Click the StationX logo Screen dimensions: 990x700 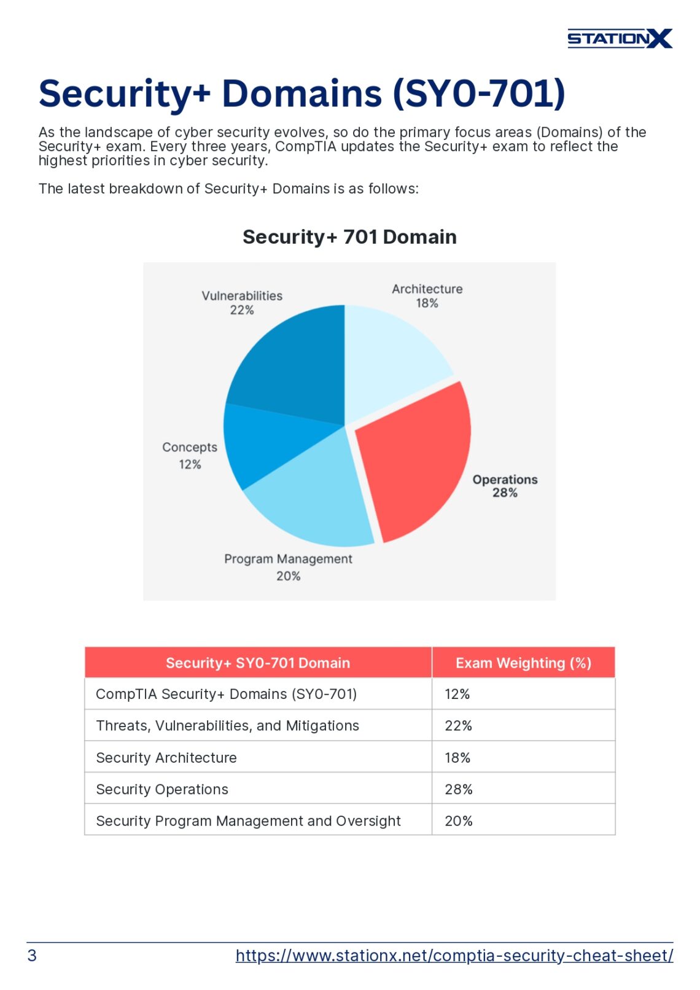click(x=619, y=39)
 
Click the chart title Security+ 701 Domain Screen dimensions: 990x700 click(x=349, y=237)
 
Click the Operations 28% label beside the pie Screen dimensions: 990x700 click(x=505, y=486)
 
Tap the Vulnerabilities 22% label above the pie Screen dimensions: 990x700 click(x=242, y=303)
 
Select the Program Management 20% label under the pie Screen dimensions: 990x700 click(x=288, y=567)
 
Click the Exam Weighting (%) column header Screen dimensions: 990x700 click(x=523, y=663)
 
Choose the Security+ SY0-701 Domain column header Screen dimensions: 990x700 click(x=258, y=663)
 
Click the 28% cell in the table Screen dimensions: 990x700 click(x=459, y=790)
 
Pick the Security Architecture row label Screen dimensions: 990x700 click(x=166, y=758)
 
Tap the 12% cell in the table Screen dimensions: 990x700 click(x=457, y=695)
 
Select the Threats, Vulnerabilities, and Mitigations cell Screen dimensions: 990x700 click(x=228, y=726)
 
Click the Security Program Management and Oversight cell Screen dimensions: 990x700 click(x=248, y=821)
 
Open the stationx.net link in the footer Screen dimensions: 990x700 click(x=454, y=956)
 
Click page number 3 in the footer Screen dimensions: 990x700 click(x=32, y=956)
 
